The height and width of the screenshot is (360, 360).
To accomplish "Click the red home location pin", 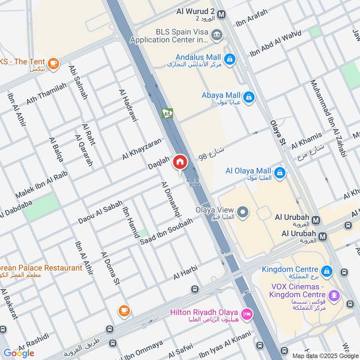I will (x=180, y=162).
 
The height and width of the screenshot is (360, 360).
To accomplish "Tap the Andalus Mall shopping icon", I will (x=229, y=59).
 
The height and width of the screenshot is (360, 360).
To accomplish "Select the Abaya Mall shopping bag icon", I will (x=248, y=96).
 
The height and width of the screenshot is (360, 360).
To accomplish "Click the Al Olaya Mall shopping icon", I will (x=279, y=172).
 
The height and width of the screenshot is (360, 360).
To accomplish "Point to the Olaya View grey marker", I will (x=243, y=212).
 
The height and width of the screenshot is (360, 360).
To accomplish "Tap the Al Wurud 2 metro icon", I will (x=221, y=15).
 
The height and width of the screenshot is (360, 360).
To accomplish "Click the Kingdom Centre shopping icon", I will (x=327, y=271).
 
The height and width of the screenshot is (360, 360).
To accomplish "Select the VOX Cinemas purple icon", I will (x=333, y=295).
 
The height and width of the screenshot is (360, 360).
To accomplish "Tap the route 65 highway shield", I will (x=167, y=113).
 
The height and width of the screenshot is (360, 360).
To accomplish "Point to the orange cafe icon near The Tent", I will (x=54, y=63).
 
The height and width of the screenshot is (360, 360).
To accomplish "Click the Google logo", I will (x=19, y=353).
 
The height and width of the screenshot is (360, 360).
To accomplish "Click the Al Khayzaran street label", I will (x=141, y=149).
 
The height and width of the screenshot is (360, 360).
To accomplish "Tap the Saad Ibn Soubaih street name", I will (x=166, y=231).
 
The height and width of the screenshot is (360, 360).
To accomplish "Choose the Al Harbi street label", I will (x=185, y=274).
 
